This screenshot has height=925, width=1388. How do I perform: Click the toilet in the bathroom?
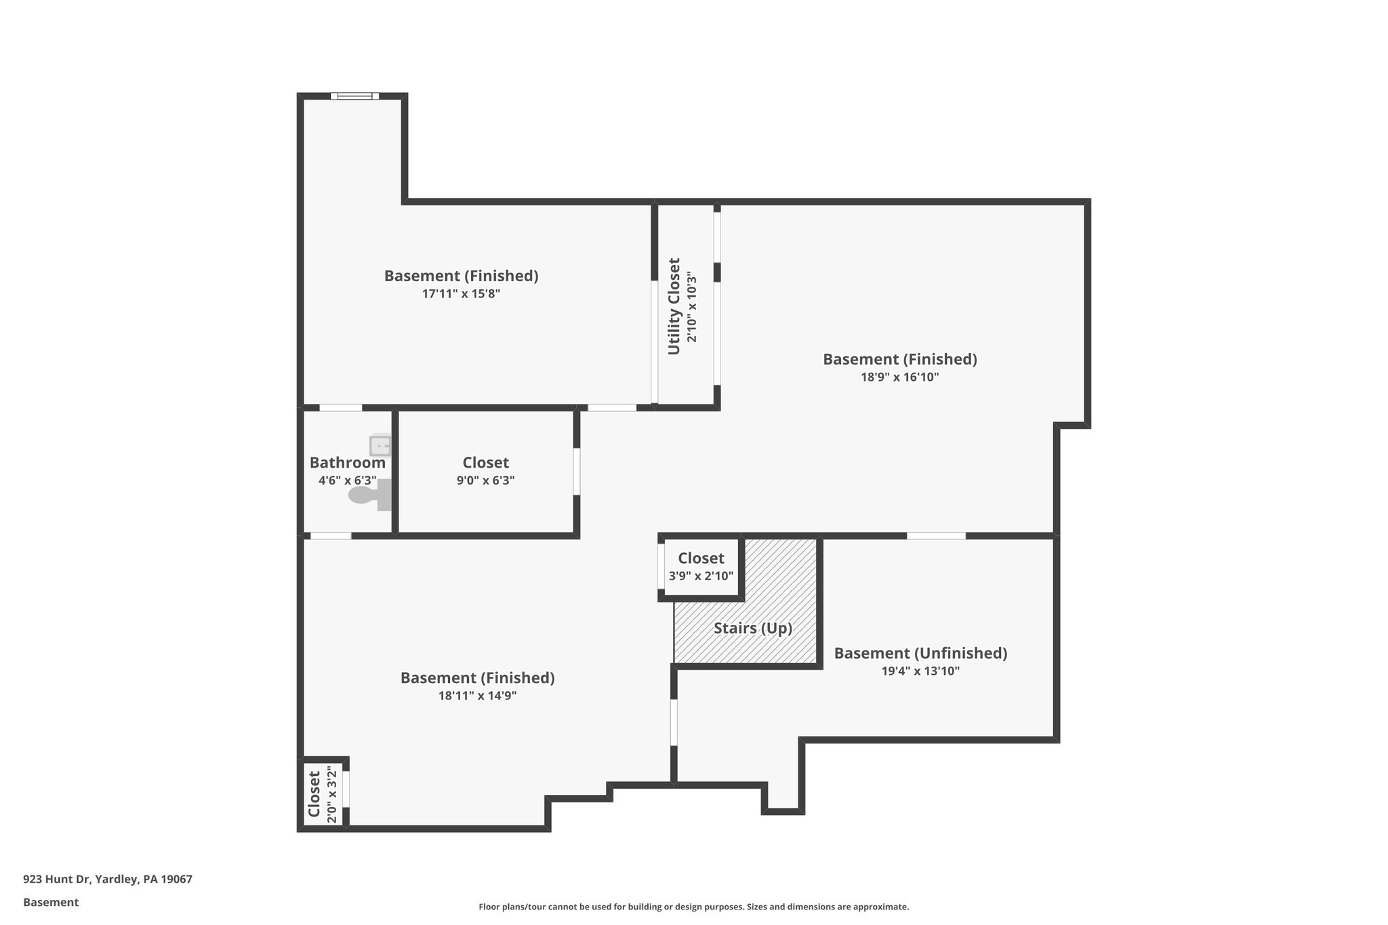click(x=370, y=495)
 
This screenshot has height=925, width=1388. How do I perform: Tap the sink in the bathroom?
click(x=380, y=446)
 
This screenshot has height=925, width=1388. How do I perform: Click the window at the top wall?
click(x=355, y=96)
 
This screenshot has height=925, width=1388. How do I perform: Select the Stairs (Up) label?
click(x=752, y=628)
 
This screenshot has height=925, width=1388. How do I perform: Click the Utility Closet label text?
click(x=674, y=306)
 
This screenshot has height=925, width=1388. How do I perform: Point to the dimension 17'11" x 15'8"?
click(x=461, y=294)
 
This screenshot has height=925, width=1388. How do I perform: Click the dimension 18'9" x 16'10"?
click(x=899, y=377)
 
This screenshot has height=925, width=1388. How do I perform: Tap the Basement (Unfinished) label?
click(x=920, y=653)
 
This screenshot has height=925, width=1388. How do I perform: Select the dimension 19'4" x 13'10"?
click(x=920, y=672)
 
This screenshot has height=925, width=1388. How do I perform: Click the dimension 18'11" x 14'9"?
click(x=477, y=696)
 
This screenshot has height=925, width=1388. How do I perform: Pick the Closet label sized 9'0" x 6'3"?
click(x=485, y=463)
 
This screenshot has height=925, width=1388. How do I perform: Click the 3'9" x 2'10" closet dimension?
click(x=701, y=577)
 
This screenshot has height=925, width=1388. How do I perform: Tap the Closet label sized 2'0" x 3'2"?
click(x=314, y=794)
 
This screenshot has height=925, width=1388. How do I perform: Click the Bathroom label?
click(x=347, y=463)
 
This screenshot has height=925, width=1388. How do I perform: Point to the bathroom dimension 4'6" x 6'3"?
click(x=347, y=480)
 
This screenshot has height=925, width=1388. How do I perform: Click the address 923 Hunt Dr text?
click(x=108, y=880)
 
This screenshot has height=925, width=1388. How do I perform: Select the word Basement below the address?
click(x=51, y=903)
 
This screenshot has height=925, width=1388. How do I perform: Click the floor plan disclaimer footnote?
click(x=693, y=907)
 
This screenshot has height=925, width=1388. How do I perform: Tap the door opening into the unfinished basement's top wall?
click(x=936, y=536)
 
